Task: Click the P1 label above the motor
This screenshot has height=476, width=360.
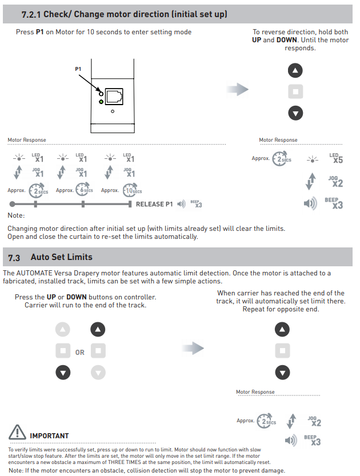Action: pos(78,69)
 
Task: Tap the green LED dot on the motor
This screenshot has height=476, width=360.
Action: pos(101,102)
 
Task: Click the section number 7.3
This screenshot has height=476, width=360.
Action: pos(14,257)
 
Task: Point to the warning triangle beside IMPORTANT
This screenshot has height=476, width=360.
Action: pos(17,433)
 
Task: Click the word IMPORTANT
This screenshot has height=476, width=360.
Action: pos(49,436)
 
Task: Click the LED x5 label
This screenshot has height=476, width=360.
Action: pos(337,158)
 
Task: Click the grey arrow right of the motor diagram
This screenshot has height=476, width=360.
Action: pos(238,90)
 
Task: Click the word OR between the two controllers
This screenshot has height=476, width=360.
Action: pos(80,353)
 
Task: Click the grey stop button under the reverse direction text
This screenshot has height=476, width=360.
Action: pos(295,91)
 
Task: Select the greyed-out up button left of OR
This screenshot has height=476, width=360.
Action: pos(63,330)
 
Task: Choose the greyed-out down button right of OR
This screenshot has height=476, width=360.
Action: pos(99,373)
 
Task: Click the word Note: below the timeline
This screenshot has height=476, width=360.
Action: pos(16,215)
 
